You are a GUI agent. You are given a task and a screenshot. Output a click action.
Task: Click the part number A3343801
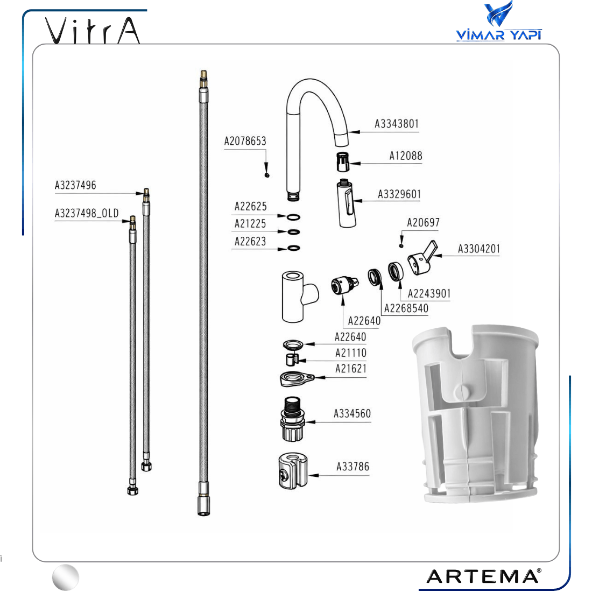[x=397, y=124]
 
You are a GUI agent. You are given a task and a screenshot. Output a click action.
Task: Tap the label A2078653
[x=245, y=141]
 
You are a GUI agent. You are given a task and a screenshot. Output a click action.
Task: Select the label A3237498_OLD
[x=87, y=213]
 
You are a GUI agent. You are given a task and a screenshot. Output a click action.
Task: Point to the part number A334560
[x=352, y=414]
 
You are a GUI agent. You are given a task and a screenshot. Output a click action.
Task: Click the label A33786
[x=353, y=467]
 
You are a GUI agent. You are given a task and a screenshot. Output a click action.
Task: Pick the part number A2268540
[x=406, y=308]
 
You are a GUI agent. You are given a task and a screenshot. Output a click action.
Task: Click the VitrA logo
[x=93, y=30]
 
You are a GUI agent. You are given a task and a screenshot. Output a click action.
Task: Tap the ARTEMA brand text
[x=484, y=576]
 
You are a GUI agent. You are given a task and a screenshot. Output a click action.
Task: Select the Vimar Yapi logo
[x=499, y=21]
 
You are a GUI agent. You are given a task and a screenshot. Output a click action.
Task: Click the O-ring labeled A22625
[x=293, y=217]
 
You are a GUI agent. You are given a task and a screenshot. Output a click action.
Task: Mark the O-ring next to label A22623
[x=294, y=248]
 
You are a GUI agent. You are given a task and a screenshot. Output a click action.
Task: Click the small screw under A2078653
[x=267, y=175]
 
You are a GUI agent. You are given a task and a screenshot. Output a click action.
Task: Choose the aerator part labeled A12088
[x=342, y=162]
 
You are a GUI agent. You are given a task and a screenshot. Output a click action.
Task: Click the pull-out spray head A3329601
[x=346, y=204]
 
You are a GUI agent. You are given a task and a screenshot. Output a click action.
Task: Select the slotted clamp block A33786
[x=293, y=471]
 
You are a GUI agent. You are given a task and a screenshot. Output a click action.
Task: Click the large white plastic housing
[x=476, y=414]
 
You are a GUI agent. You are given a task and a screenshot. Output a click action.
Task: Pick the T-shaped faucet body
[x=298, y=297]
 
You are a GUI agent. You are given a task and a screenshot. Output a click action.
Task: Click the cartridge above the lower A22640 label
[x=344, y=285]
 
